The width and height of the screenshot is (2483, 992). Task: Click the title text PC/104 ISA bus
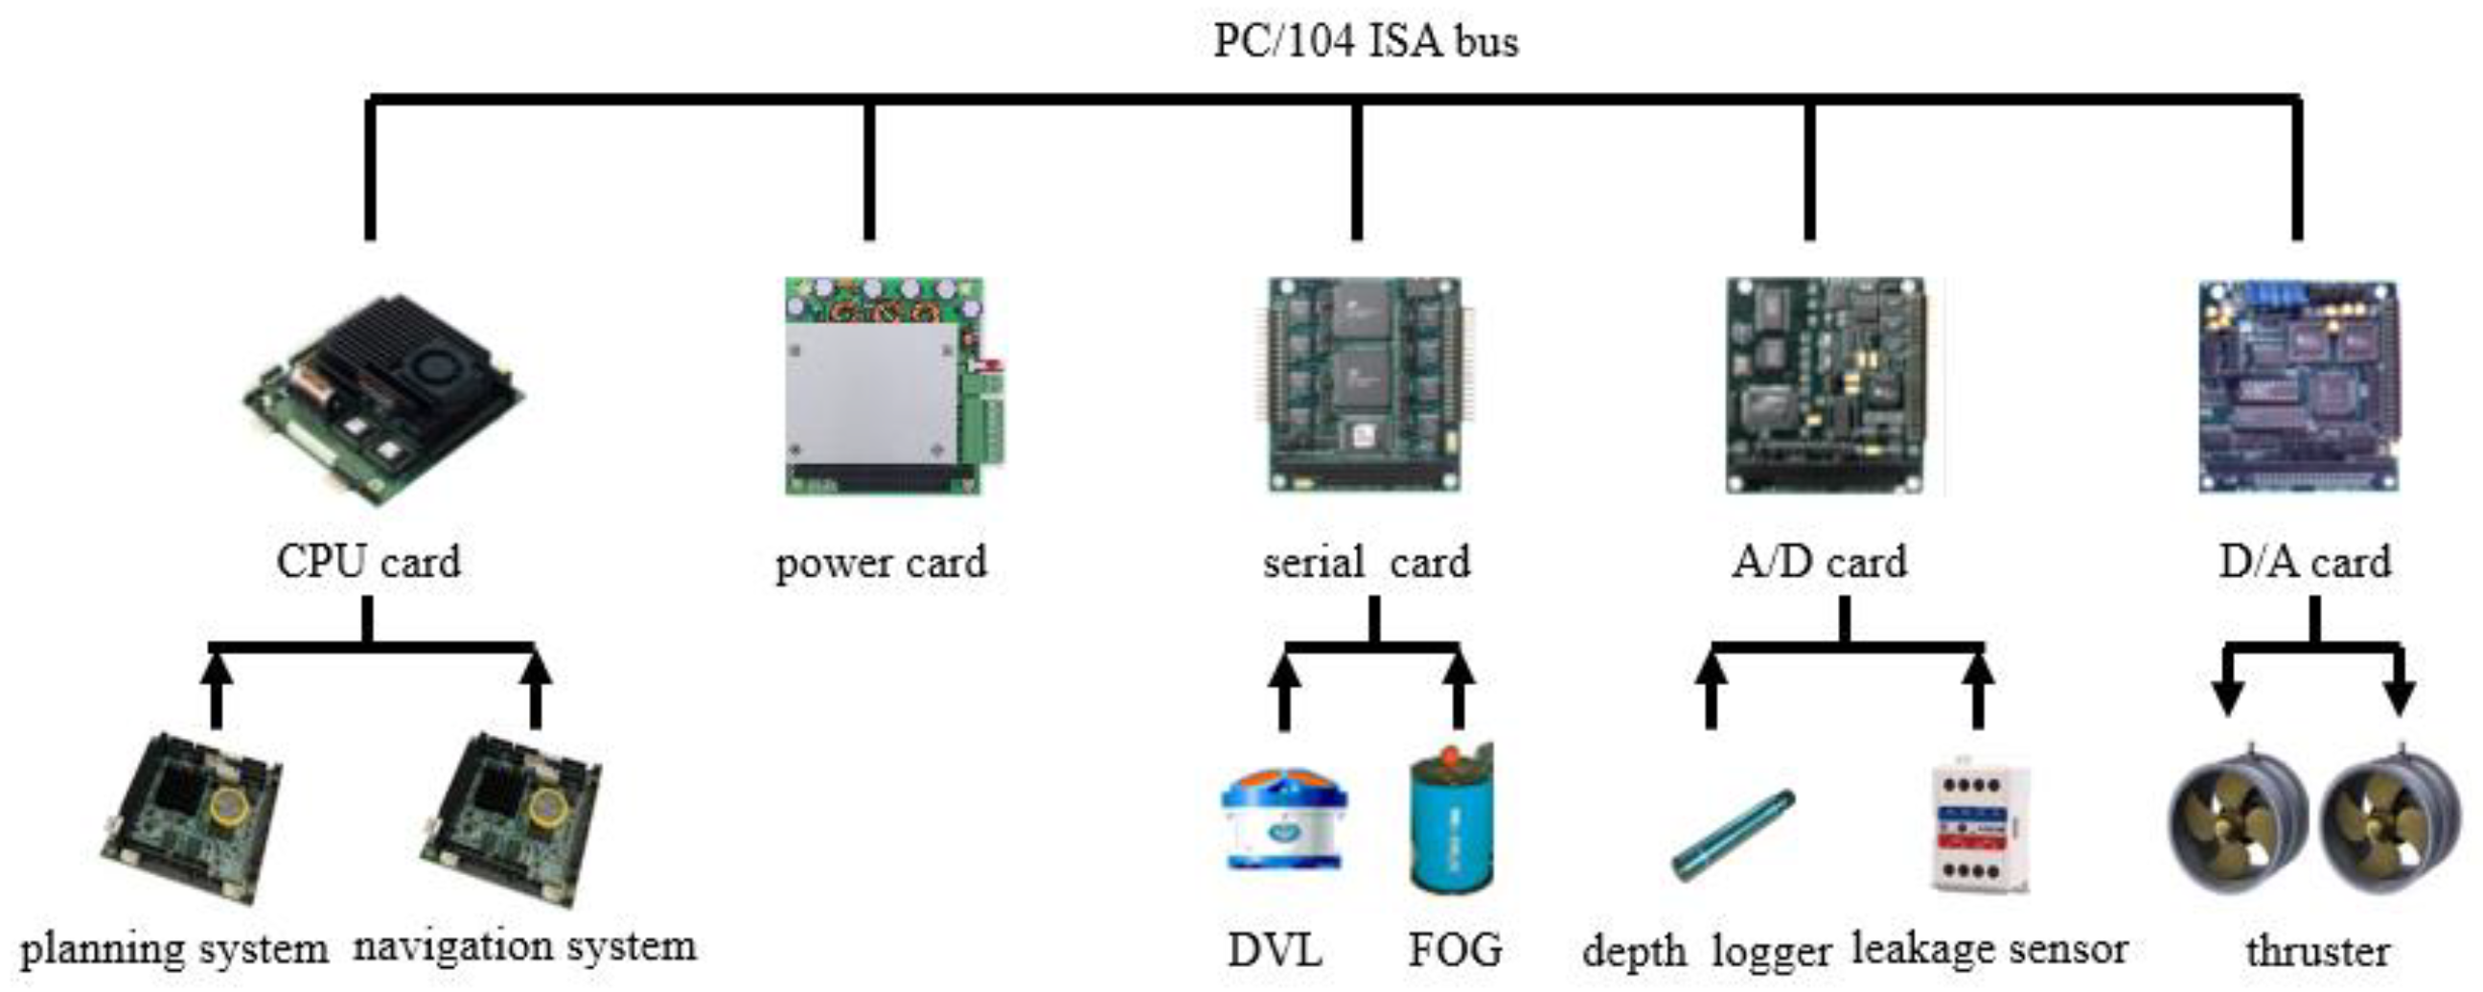pos(1364,41)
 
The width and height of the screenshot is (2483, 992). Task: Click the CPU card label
pos(368,561)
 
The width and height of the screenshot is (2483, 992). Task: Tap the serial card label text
pos(1366,561)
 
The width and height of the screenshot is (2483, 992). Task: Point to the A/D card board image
pos(1827,385)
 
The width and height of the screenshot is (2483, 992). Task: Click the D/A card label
pos(2304,561)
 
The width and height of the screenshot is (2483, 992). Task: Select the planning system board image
pos(193,819)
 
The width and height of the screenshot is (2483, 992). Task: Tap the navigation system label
pos(525,946)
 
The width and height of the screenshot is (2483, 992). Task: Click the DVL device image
pos(1284,819)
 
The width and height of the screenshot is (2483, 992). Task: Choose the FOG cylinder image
pos(1452,819)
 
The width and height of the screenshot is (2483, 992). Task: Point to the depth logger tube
pos(1733,835)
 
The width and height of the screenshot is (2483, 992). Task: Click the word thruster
pos(2316,951)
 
